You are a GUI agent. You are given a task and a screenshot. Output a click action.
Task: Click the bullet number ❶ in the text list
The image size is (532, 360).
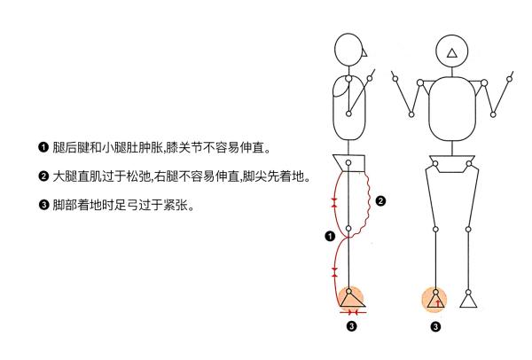point(42,146)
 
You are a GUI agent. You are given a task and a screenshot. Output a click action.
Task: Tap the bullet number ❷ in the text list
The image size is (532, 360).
point(42,176)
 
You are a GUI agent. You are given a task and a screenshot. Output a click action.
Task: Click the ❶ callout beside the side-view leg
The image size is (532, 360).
point(329,236)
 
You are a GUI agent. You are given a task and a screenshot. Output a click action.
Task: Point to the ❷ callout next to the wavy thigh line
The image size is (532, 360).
point(380,201)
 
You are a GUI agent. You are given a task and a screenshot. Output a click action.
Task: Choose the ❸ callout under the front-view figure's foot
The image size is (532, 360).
point(436,327)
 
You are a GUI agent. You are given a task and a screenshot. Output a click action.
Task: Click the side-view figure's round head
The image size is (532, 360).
point(348,50)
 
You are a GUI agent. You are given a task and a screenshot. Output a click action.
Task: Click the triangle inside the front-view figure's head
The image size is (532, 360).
point(452,53)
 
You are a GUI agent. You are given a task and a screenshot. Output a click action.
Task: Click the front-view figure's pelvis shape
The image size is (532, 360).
point(453,166)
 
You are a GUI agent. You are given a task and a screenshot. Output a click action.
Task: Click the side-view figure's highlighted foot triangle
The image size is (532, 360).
point(352,300)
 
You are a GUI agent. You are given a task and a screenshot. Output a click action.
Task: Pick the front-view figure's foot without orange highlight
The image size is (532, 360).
point(470,301)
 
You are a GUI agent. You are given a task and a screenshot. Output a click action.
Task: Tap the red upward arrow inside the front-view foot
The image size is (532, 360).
point(438,301)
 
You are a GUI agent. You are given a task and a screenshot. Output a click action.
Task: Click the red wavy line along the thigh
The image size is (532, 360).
point(366,200)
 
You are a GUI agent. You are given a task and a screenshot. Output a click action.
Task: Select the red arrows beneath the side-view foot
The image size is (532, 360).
point(352,313)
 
